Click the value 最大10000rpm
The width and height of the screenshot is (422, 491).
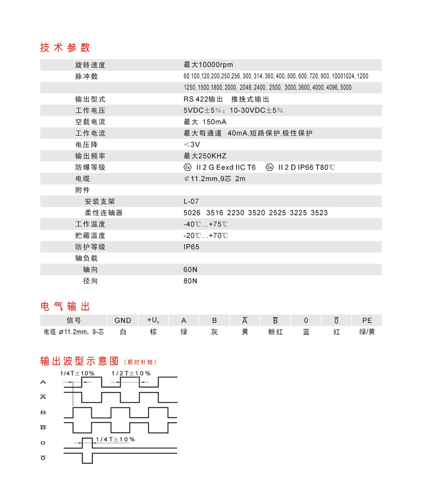click(x=208, y=65)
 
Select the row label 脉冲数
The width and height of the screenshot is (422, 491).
click(x=86, y=76)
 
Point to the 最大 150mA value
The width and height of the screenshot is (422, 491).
click(x=205, y=122)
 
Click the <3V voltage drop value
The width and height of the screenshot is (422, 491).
click(x=191, y=145)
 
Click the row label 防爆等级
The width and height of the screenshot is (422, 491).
click(x=90, y=167)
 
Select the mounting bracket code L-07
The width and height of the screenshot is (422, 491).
click(x=191, y=202)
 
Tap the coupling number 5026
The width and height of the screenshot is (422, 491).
click(x=191, y=213)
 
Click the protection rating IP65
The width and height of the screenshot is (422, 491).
click(x=191, y=247)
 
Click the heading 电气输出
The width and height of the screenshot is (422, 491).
click(x=65, y=306)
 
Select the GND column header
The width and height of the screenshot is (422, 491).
click(x=123, y=320)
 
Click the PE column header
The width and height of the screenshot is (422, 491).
click(x=367, y=320)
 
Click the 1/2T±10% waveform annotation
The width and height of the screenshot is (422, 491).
click(x=131, y=373)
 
